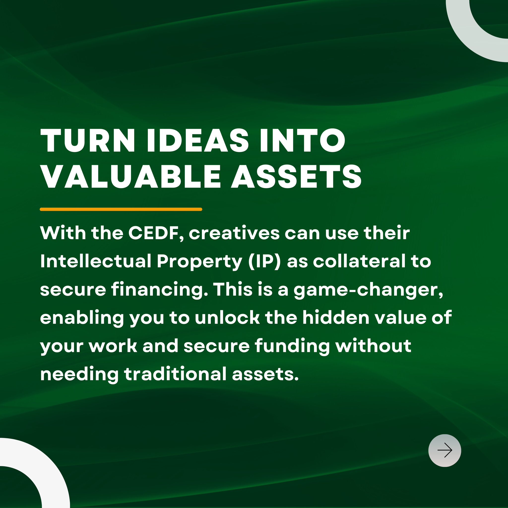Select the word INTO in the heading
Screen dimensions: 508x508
tap(303, 140)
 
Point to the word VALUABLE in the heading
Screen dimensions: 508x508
tap(130, 177)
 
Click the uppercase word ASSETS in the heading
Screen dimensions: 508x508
tap(296, 177)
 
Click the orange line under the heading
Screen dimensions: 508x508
tap(121, 209)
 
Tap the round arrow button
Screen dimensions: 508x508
tap(445, 450)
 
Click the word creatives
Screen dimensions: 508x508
tap(234, 233)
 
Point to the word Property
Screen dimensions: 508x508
tap(200, 262)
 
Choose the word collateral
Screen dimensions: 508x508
tap(359, 261)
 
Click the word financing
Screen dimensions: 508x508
tap(159, 290)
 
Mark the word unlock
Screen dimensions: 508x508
tap(227, 318)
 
